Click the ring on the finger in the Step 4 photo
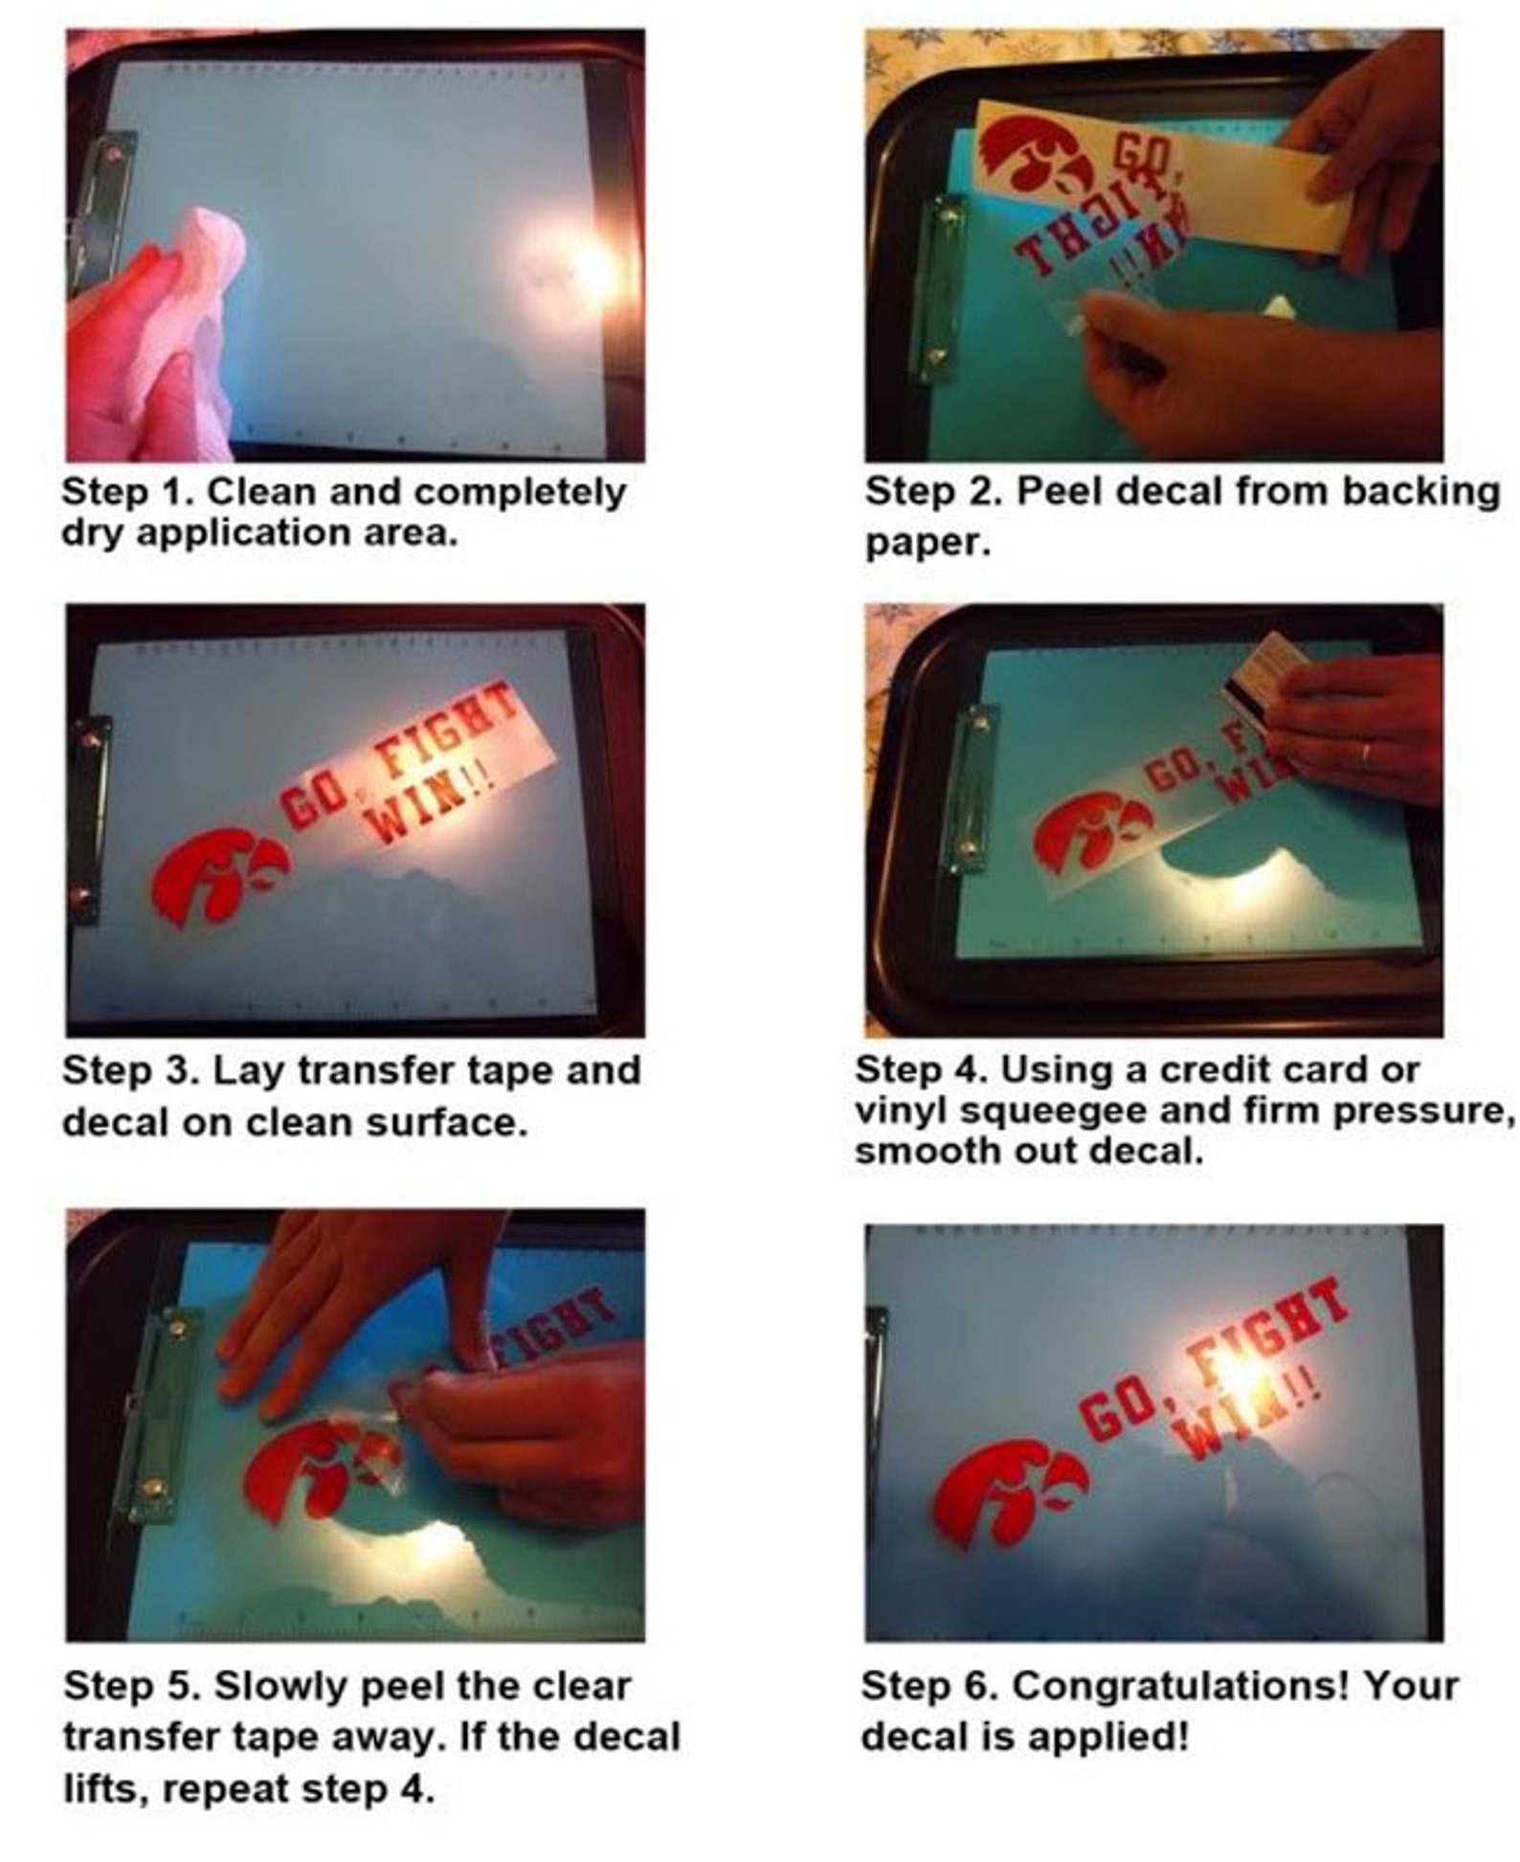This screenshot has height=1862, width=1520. pyautogui.click(x=1366, y=752)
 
